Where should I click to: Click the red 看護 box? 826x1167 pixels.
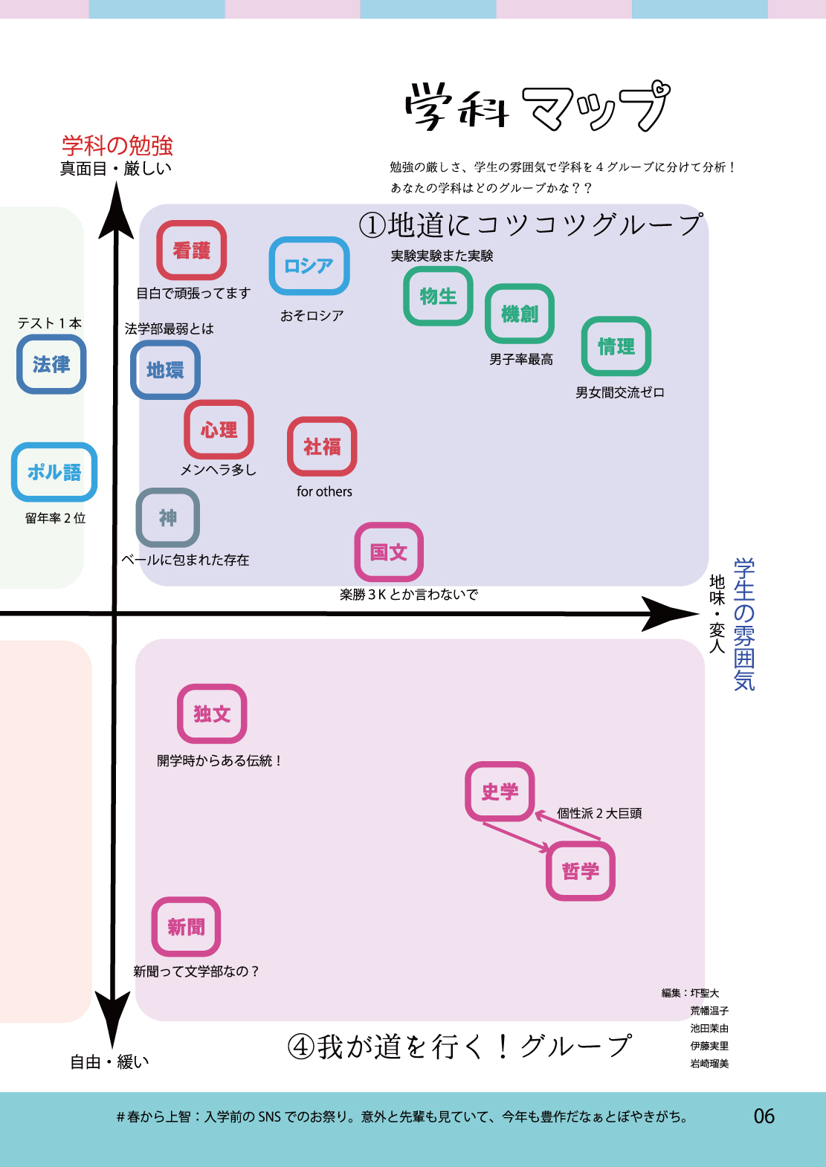pos(192,250)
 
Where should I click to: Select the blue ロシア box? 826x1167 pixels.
pos(309,266)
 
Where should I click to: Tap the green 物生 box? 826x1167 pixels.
pos(438,296)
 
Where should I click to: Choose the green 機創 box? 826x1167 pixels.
pos(520,314)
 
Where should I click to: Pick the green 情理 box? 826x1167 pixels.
pos(616,346)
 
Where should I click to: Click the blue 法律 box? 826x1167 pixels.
pos(51,364)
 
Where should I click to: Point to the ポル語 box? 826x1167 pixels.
pos(54,472)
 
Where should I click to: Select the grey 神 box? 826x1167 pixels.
pos(168,518)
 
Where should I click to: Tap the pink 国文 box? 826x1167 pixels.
pos(389,552)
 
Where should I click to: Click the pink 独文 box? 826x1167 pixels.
pos(212,714)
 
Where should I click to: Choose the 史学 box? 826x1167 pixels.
pos(500,792)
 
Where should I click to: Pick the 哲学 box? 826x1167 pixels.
pos(581,871)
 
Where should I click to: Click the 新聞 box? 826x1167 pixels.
pos(186,927)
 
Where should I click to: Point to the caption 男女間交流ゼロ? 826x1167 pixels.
pos(619,392)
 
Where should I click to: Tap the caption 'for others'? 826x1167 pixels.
pos(324,492)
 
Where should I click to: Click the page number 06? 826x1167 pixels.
pos(764,1116)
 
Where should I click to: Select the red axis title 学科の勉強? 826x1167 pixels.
pos(117,145)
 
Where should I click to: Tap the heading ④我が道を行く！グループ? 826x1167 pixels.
pos(459,1047)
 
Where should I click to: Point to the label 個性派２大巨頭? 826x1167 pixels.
pos(599,813)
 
